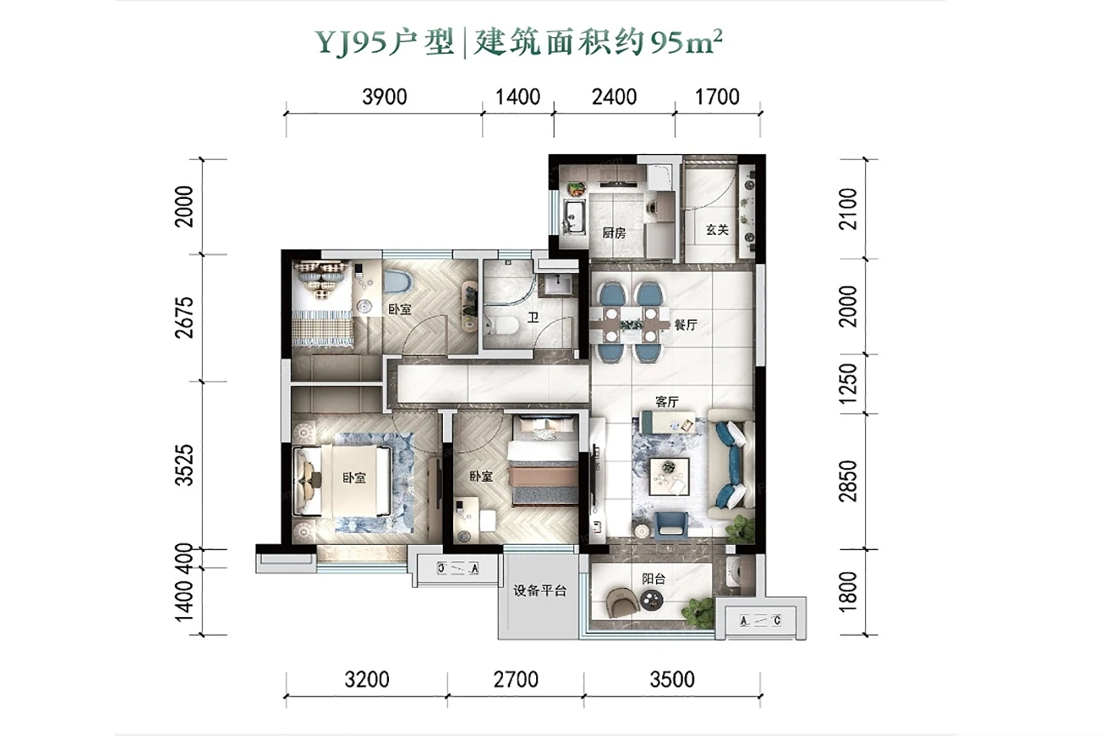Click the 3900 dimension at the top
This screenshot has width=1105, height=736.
(x=384, y=96)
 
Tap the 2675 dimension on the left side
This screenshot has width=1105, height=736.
(x=185, y=317)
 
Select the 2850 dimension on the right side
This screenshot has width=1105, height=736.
(x=848, y=481)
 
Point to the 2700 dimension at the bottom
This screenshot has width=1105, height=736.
(x=516, y=679)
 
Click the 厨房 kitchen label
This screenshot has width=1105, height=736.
(x=614, y=233)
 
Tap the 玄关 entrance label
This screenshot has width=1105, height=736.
(x=717, y=230)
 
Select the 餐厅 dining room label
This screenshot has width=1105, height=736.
(x=686, y=324)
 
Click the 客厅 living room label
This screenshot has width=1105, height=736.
(x=667, y=402)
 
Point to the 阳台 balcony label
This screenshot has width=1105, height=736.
(x=654, y=579)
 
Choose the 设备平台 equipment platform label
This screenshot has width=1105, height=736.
(x=540, y=591)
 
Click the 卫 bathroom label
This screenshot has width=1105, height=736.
(x=533, y=317)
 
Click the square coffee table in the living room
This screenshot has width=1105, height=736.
(x=669, y=476)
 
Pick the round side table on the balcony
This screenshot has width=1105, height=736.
(x=652, y=600)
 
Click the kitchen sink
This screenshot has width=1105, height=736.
(x=574, y=218)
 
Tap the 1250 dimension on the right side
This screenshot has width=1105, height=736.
(x=848, y=383)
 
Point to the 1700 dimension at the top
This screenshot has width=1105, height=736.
(x=717, y=96)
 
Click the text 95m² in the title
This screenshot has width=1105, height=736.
(x=687, y=43)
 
